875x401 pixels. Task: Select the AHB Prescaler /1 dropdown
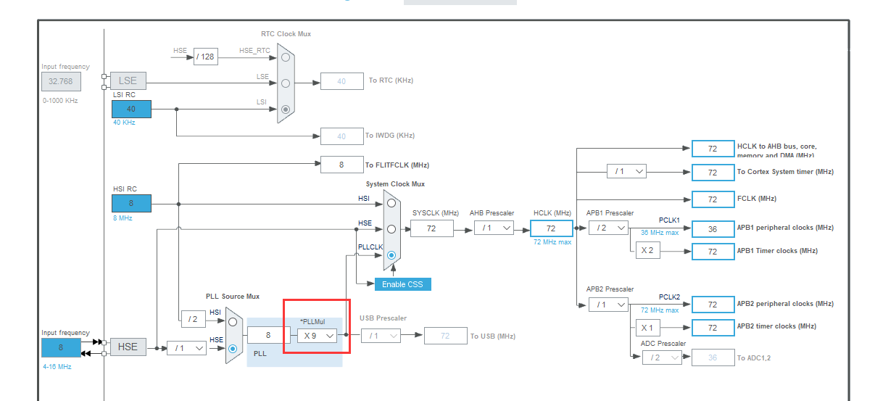click(x=494, y=228)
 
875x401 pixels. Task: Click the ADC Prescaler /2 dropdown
click(x=662, y=357)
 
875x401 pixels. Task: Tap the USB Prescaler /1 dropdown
click(x=381, y=335)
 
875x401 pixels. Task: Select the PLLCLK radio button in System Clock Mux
click(x=391, y=255)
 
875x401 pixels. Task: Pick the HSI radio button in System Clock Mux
click(x=391, y=203)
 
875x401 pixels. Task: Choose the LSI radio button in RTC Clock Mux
click(x=286, y=109)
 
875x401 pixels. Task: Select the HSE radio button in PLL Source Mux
click(x=233, y=348)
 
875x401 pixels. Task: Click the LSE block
click(x=128, y=80)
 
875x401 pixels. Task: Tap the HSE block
click(x=128, y=347)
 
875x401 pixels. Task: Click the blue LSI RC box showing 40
click(x=131, y=109)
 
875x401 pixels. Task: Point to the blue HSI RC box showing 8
click(x=131, y=203)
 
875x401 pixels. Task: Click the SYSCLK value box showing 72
click(x=431, y=228)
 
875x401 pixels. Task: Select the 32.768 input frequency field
click(x=61, y=81)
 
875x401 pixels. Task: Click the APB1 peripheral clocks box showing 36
click(x=713, y=228)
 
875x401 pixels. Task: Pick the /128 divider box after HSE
click(x=206, y=57)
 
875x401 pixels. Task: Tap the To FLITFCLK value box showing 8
click(x=341, y=165)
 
